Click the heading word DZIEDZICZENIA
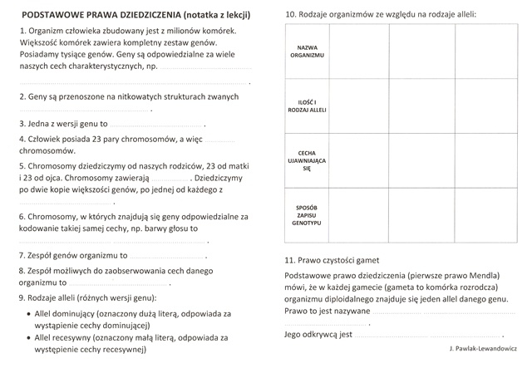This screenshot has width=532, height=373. (x=142, y=15)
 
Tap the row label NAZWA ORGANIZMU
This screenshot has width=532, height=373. (x=308, y=50)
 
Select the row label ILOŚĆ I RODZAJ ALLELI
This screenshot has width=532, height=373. (x=308, y=106)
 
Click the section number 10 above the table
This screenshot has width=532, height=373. (x=290, y=15)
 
